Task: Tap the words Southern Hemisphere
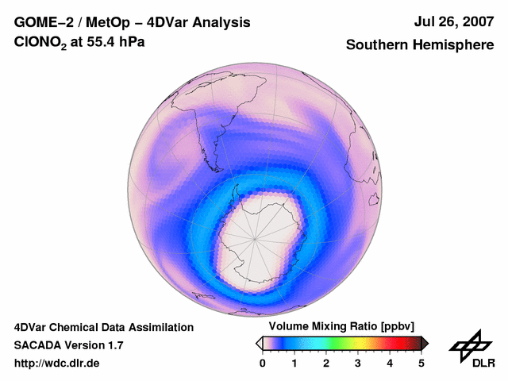click(420, 45)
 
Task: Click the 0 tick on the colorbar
click(263, 363)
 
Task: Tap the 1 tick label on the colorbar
click(294, 363)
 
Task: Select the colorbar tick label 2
click(326, 363)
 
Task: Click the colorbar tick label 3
click(358, 363)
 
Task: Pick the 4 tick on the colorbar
click(390, 363)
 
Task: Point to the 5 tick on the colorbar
click(421, 363)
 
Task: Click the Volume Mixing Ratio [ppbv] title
click(341, 327)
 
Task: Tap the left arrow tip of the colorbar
click(259, 343)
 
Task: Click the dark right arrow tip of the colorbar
click(425, 343)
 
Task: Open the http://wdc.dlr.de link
click(57, 364)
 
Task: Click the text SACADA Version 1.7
click(68, 345)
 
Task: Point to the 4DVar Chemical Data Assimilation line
click(103, 327)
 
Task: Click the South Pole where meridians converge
click(256, 237)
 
